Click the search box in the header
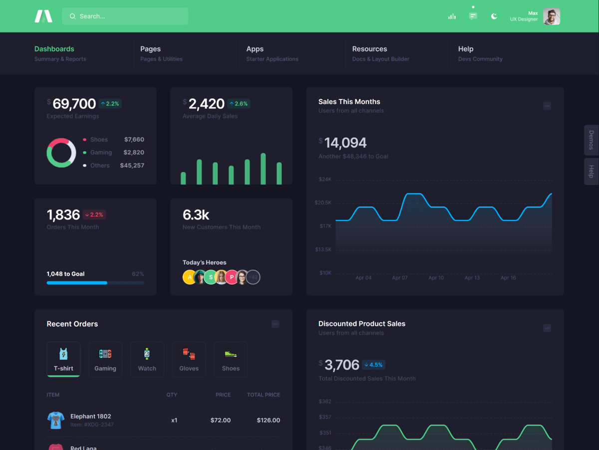pyautogui.click(x=125, y=16)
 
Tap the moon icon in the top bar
pyautogui.click(x=494, y=16)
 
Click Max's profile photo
pyautogui.click(x=552, y=16)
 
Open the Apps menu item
pyautogui.click(x=255, y=49)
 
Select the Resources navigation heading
pyautogui.click(x=369, y=49)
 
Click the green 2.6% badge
pyautogui.click(x=238, y=103)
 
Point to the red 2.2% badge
pyautogui.click(x=94, y=214)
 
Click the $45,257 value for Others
pyautogui.click(x=132, y=165)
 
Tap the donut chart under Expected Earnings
pyautogui.click(x=61, y=152)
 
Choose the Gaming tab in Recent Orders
pyautogui.click(x=105, y=359)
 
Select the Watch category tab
pyautogui.click(x=147, y=359)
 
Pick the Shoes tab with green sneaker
pyautogui.click(x=231, y=359)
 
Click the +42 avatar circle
pyautogui.click(x=253, y=277)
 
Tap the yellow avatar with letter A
pyautogui.click(x=190, y=277)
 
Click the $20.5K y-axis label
pyautogui.click(x=323, y=202)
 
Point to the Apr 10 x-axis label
pyautogui.click(x=436, y=277)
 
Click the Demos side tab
pyautogui.click(x=591, y=140)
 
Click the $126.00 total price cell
pyautogui.click(x=268, y=420)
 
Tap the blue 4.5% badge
pyautogui.click(x=373, y=364)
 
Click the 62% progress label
pyautogui.click(x=138, y=274)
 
